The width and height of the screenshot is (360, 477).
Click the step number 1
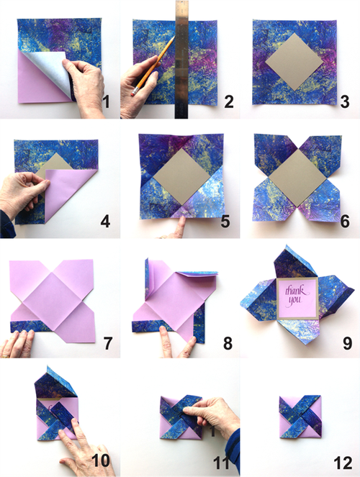[106, 101]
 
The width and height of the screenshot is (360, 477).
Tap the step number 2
[229, 101]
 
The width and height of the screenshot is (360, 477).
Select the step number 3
[344, 101]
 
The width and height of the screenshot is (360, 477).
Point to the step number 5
[225, 221]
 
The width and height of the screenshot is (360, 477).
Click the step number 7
[107, 343]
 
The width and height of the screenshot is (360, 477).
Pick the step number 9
[348, 343]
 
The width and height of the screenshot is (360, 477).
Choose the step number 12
[343, 463]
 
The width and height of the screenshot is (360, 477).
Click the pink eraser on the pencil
[134, 92]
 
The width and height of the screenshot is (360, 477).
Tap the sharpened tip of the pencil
[174, 37]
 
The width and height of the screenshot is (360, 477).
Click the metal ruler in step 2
[181, 59]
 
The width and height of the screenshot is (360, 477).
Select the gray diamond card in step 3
[294, 62]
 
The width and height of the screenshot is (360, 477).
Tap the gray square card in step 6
[297, 178]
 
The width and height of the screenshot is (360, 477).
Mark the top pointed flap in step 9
[294, 262]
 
